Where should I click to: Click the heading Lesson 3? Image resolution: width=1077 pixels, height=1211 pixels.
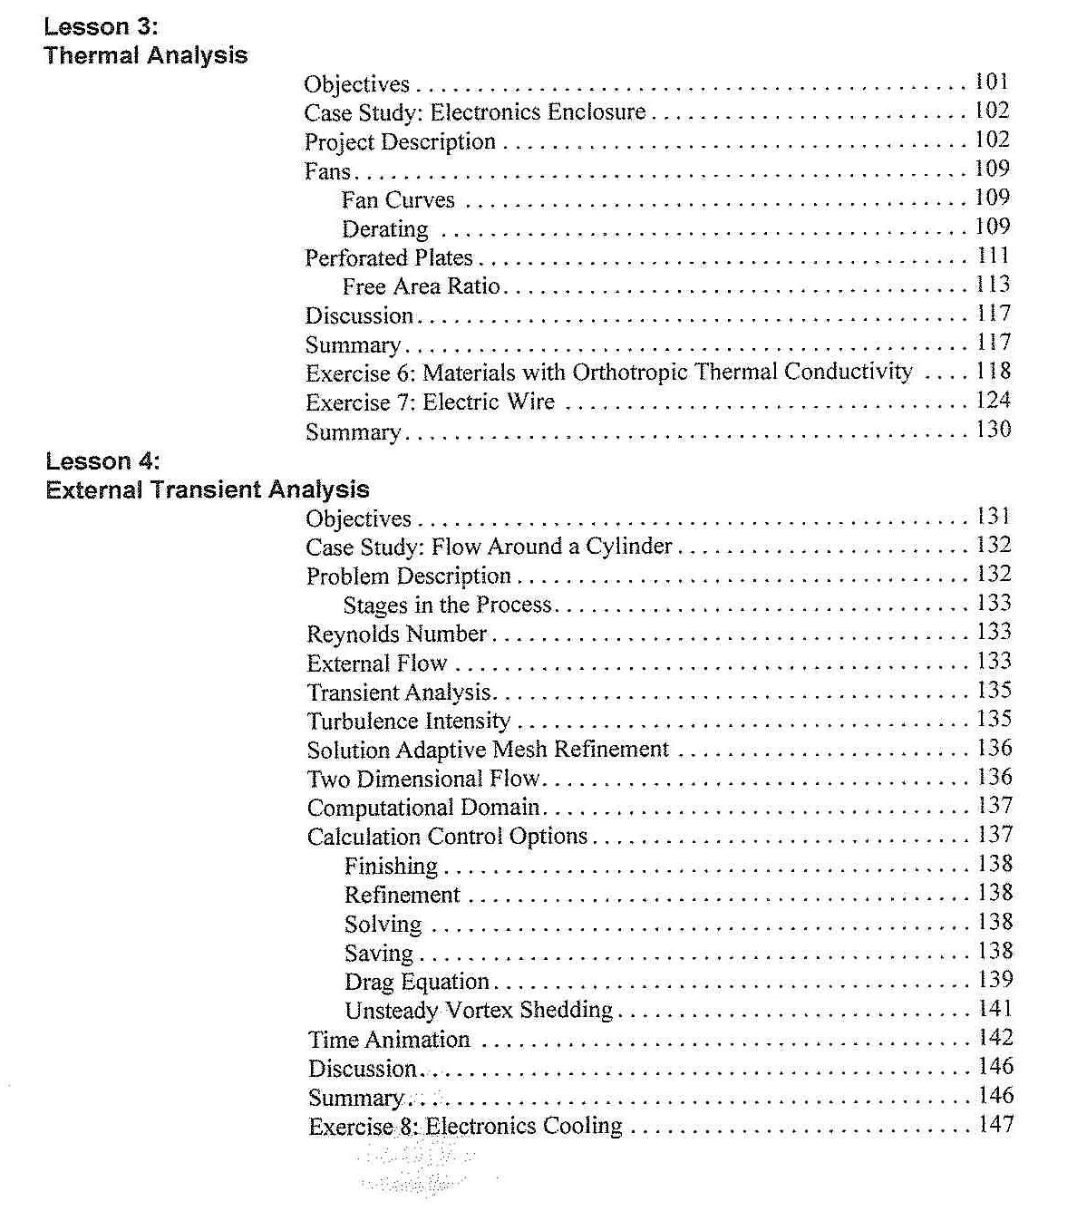pos(101,26)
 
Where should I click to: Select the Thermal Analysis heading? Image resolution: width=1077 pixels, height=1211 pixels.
pos(145,55)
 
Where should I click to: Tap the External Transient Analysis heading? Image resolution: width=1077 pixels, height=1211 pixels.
pos(208,490)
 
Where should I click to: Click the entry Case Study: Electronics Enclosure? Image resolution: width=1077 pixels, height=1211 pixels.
pos(475,112)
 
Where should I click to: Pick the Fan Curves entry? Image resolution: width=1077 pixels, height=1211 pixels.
pos(398,200)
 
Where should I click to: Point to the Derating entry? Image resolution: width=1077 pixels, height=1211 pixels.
pos(385,229)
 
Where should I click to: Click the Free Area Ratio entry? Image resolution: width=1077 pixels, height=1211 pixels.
pos(422,287)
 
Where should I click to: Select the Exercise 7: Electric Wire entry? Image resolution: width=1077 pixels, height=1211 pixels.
pos(430,402)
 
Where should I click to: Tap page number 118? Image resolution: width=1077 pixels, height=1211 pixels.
pos(993,372)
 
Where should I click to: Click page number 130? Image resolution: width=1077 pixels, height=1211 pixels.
pos(993,430)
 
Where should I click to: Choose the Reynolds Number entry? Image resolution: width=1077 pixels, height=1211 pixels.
pos(396,635)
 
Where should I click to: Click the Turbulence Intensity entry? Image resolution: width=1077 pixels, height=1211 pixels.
pos(409,722)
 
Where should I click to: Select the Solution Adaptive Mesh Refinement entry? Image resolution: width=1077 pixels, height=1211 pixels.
pos(488,751)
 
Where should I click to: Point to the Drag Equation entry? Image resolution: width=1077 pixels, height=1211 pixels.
pos(417,983)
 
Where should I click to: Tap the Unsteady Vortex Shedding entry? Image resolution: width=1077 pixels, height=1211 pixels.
pos(479,1011)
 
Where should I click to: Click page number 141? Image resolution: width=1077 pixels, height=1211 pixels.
pos(995,1010)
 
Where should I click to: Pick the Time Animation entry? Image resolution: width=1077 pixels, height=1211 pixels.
pos(389,1041)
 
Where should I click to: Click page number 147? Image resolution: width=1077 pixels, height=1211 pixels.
pos(995,1126)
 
